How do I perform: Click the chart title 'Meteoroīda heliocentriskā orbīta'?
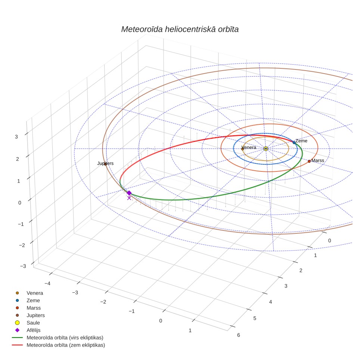pos(180,30)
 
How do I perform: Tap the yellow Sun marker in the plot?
pos(266,149)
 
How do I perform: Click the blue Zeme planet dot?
pos(294,143)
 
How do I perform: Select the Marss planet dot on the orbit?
pos(309,161)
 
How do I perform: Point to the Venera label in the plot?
pos(249,148)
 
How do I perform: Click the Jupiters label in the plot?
pos(105,163)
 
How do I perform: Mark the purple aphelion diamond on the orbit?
pos(129,193)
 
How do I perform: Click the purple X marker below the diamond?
pos(129,198)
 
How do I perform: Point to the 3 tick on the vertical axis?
pos(16,137)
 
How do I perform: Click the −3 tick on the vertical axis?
pos(23,266)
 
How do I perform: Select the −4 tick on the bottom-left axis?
pos(47,283)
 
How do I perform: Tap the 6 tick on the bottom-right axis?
pos(239,335)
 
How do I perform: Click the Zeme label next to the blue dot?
pos(301,141)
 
